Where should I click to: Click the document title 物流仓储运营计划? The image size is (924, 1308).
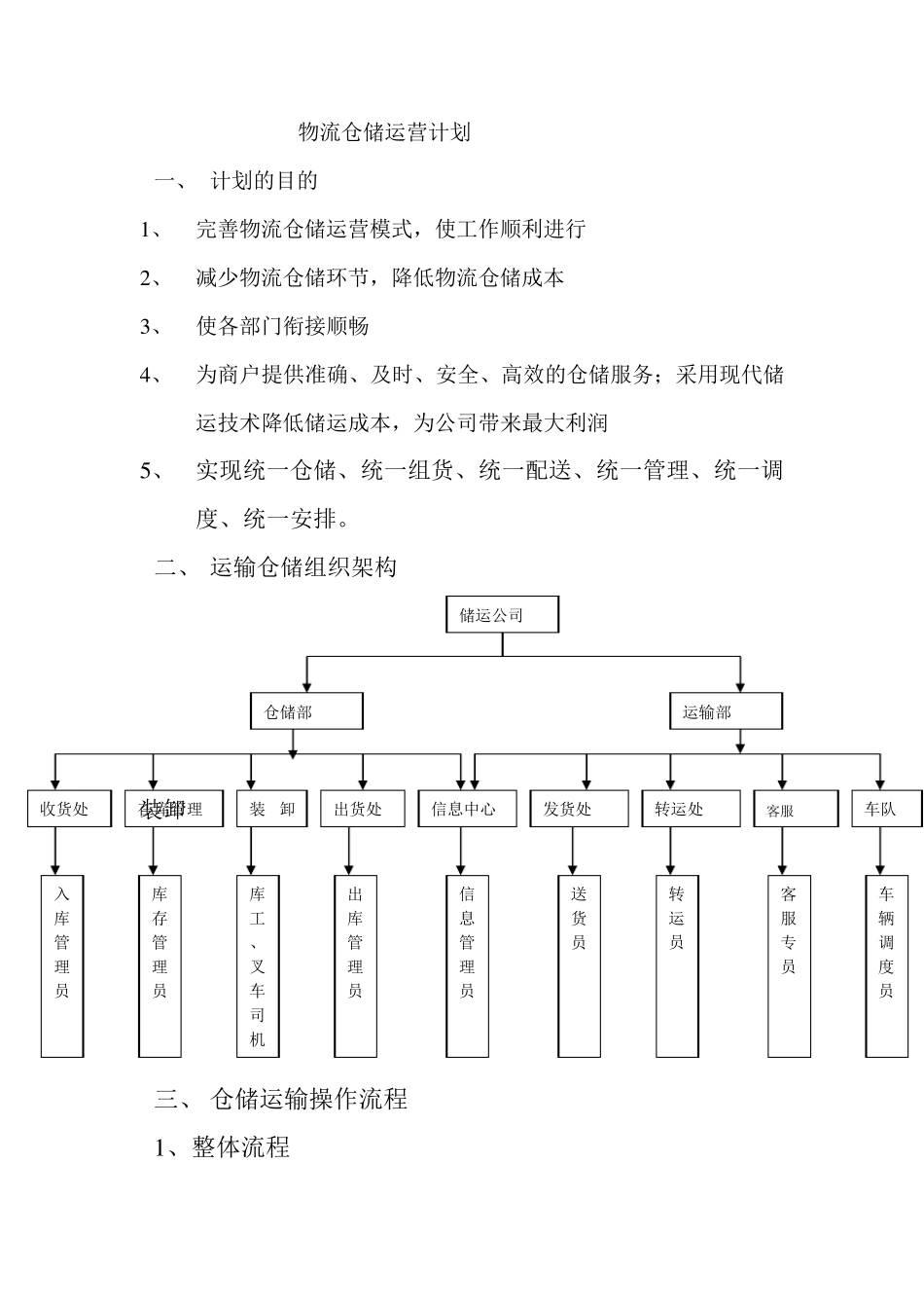tap(384, 132)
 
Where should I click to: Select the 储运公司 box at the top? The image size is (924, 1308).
tap(503, 615)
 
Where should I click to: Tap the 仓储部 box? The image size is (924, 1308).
tap(306, 711)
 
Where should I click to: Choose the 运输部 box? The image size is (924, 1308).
tap(726, 711)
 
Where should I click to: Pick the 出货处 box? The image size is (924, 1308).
tap(362, 809)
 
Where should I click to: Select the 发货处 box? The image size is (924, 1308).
tap(579, 809)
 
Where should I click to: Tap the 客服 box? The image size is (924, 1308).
tap(795, 810)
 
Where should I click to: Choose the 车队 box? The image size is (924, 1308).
tap(885, 809)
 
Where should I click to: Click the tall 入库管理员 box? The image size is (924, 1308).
tap(62, 965)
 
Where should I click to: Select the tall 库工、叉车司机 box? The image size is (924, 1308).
tap(258, 965)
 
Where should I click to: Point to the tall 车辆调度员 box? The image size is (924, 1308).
tap(886, 965)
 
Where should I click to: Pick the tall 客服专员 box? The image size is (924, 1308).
tap(789, 965)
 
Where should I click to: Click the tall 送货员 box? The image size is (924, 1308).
tap(580, 965)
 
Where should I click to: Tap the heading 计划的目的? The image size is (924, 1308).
tap(264, 181)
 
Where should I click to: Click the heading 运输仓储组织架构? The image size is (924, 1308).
tap(302, 566)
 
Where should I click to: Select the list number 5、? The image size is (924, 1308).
tap(154, 472)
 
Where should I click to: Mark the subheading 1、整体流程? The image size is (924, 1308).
tap(222, 1147)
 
